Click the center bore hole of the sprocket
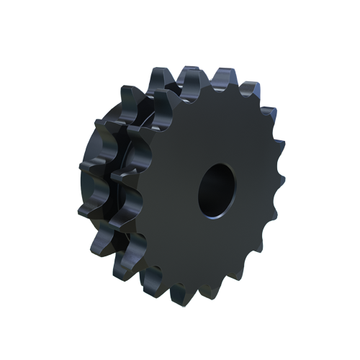click(x=216, y=189)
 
